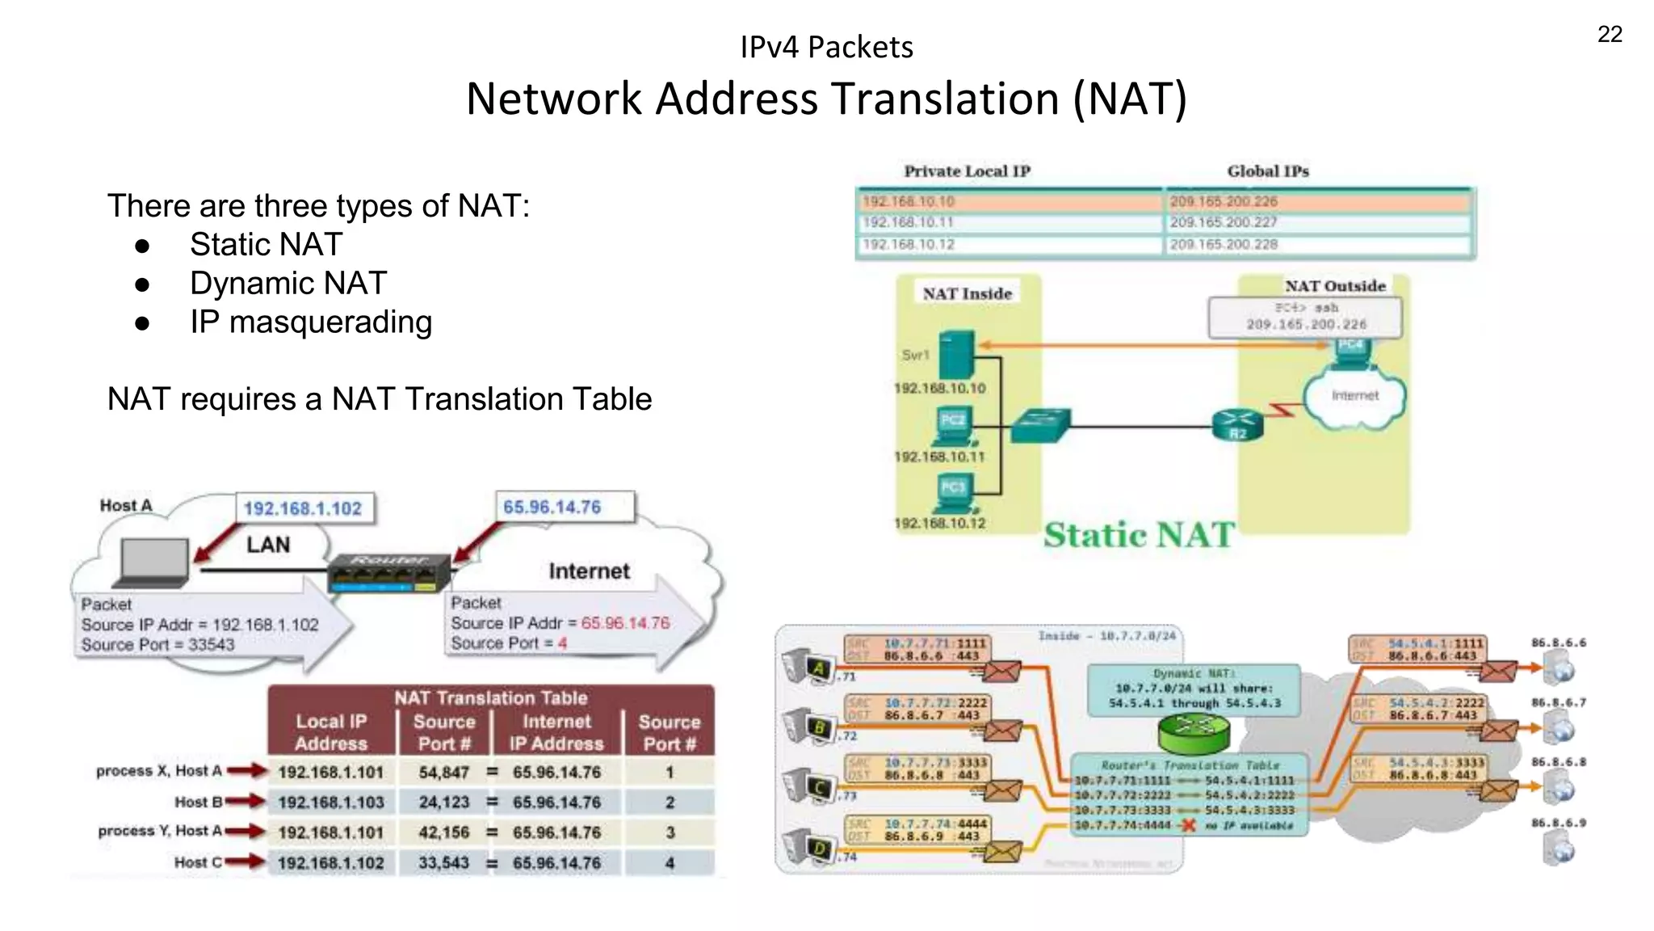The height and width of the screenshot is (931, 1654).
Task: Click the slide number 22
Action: (1609, 35)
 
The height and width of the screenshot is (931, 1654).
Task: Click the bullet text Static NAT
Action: (266, 245)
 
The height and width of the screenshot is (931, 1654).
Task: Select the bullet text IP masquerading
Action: (311, 322)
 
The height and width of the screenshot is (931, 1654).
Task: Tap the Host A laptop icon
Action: (153, 562)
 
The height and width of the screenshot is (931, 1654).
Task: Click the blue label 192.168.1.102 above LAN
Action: (303, 508)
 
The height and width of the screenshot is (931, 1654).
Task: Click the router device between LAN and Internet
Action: (389, 572)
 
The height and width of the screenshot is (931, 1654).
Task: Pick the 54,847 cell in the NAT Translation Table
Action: (443, 773)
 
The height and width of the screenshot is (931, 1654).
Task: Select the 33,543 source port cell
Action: (443, 863)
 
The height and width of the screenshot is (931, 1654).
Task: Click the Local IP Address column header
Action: (331, 732)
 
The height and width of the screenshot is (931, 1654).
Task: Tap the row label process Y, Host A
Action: (159, 831)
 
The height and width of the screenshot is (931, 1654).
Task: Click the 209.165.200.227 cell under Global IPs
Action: (1224, 222)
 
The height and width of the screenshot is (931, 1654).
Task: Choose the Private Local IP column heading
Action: (967, 171)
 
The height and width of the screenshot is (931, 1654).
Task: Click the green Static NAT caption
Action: (1139, 535)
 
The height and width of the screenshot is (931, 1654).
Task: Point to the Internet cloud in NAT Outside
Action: (1354, 396)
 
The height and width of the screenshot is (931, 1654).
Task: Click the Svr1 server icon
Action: (958, 355)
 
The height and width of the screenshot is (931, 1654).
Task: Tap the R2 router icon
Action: (1237, 424)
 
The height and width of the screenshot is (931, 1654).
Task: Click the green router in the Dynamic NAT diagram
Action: (1194, 731)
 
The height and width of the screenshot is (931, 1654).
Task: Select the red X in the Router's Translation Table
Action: (1188, 825)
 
